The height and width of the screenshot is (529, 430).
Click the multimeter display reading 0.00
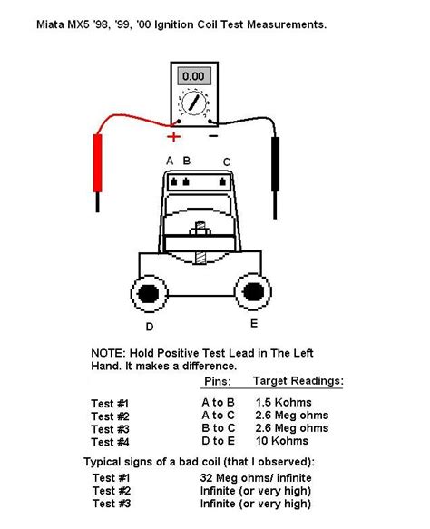point(193,77)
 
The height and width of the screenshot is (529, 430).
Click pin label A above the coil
point(169,162)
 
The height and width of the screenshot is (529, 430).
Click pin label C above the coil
point(226,162)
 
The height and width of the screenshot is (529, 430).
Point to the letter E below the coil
point(253,322)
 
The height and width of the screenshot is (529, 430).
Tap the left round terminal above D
point(147,292)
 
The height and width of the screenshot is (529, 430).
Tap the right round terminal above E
point(254,291)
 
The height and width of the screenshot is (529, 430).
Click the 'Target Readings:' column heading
point(298,381)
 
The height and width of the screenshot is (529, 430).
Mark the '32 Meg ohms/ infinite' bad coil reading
point(257,476)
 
